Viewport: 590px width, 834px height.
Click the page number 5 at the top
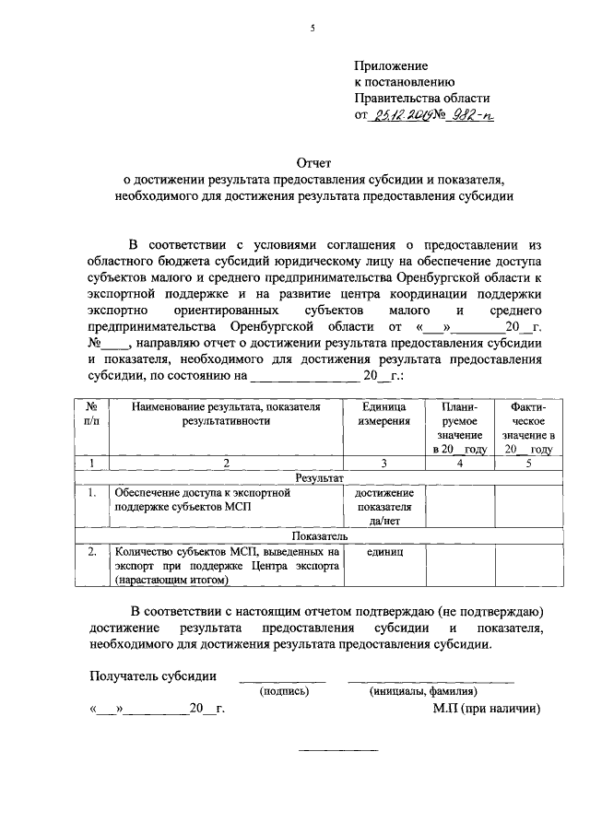(x=313, y=29)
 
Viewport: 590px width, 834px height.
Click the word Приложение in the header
(x=392, y=65)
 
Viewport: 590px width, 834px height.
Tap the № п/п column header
(x=92, y=414)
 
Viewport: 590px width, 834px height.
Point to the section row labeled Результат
(x=319, y=479)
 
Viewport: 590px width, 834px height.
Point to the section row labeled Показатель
(x=319, y=534)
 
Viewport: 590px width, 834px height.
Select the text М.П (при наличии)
(x=485, y=710)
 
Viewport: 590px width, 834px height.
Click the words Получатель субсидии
(x=153, y=675)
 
